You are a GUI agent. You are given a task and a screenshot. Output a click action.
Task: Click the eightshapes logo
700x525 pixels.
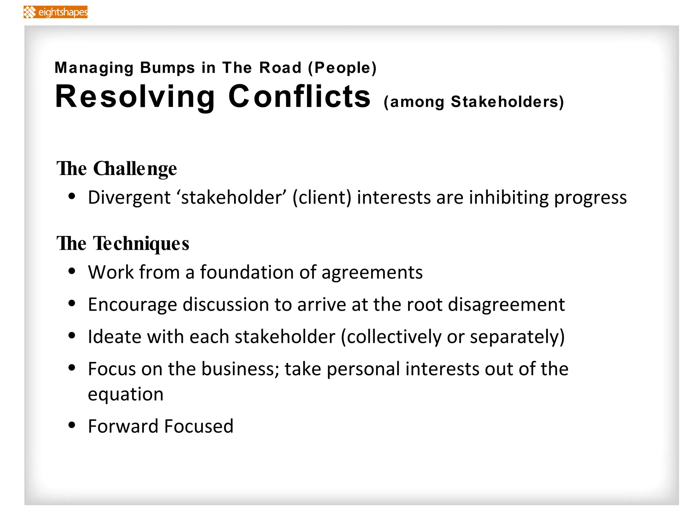55,12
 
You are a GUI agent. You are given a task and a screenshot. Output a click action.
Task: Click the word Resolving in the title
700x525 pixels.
135,97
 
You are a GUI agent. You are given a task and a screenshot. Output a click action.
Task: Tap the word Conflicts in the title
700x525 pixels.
299,97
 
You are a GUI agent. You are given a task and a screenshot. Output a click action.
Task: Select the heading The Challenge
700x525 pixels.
117,169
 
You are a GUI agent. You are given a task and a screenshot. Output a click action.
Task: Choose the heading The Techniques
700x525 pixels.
123,243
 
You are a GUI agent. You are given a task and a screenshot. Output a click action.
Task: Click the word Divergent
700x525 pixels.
129,198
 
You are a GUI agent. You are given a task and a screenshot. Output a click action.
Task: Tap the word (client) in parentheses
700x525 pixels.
322,198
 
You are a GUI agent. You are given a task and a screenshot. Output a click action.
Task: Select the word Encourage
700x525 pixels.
133,305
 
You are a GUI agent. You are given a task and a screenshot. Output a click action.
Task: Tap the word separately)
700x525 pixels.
517,337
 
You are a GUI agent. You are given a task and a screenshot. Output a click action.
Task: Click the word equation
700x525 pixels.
126,394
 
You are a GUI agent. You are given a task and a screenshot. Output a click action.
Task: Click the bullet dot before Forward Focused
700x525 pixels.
72,425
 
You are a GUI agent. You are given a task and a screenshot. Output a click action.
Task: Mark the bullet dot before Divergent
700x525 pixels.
72,197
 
